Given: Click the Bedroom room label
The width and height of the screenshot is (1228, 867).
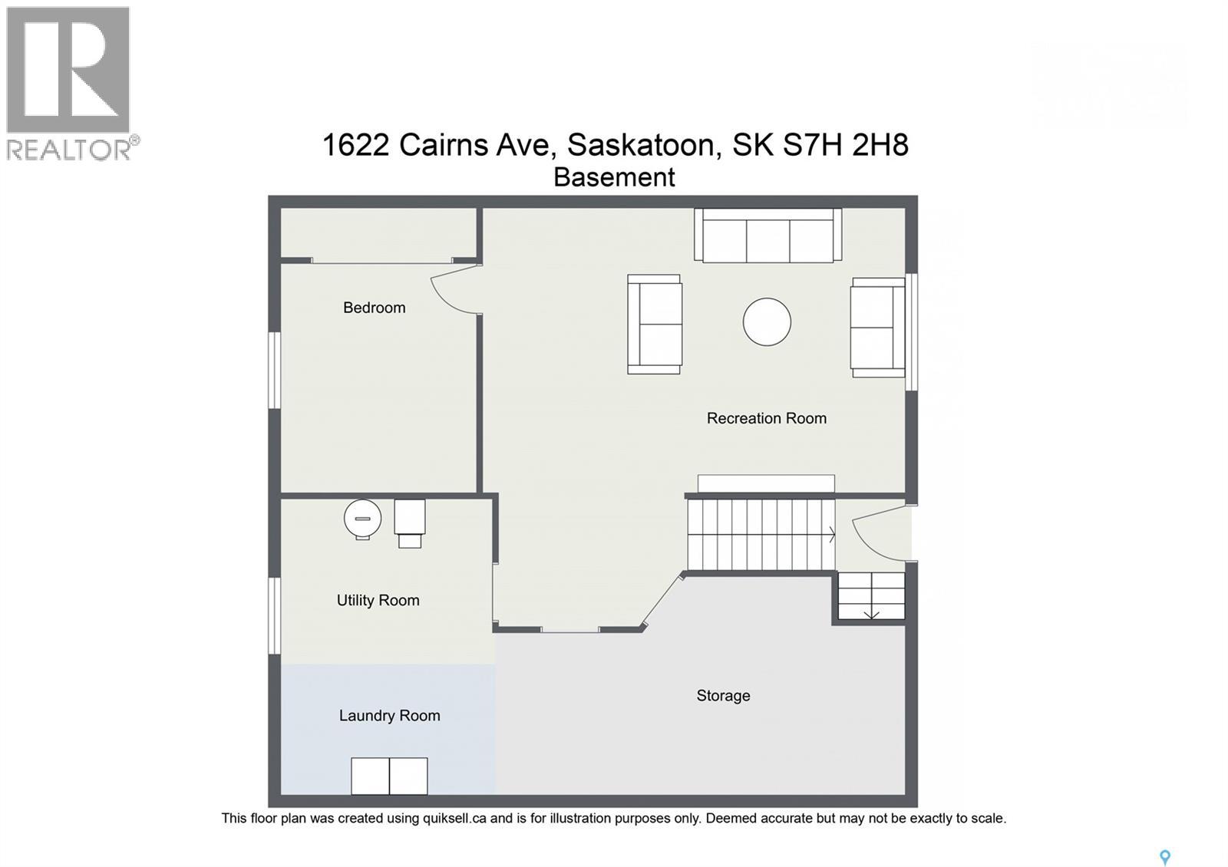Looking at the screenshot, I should pyautogui.click(x=374, y=308).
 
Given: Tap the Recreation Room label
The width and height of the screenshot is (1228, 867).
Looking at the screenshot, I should pyautogui.click(x=766, y=418).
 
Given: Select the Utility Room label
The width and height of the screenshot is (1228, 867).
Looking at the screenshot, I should pyautogui.click(x=378, y=600).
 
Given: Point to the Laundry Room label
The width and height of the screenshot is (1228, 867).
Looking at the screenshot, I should pyautogui.click(x=389, y=715).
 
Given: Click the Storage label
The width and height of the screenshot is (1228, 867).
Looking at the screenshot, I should pyautogui.click(x=723, y=695).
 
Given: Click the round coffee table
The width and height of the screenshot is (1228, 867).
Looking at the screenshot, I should pyautogui.click(x=767, y=321).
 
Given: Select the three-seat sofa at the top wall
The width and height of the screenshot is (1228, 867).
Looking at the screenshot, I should pyautogui.click(x=767, y=236).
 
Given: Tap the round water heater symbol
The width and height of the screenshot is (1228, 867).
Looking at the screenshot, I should pyautogui.click(x=362, y=519).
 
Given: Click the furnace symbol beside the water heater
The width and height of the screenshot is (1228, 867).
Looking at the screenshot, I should pyautogui.click(x=410, y=522).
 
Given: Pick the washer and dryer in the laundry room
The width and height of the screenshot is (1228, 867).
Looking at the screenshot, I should pyautogui.click(x=389, y=776).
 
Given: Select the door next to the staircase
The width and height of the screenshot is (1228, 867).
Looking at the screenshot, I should pyautogui.click(x=875, y=533).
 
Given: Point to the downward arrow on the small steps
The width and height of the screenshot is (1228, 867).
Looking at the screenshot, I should pyautogui.click(x=871, y=613).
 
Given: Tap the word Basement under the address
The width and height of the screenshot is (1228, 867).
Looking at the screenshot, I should pyautogui.click(x=614, y=177).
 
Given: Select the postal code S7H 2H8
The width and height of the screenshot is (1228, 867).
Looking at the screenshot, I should pyautogui.click(x=845, y=144).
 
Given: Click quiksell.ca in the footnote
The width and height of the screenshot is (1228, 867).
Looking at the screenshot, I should pyautogui.click(x=454, y=818).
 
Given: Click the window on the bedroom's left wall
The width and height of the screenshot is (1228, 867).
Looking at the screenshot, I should pyautogui.click(x=274, y=370).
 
